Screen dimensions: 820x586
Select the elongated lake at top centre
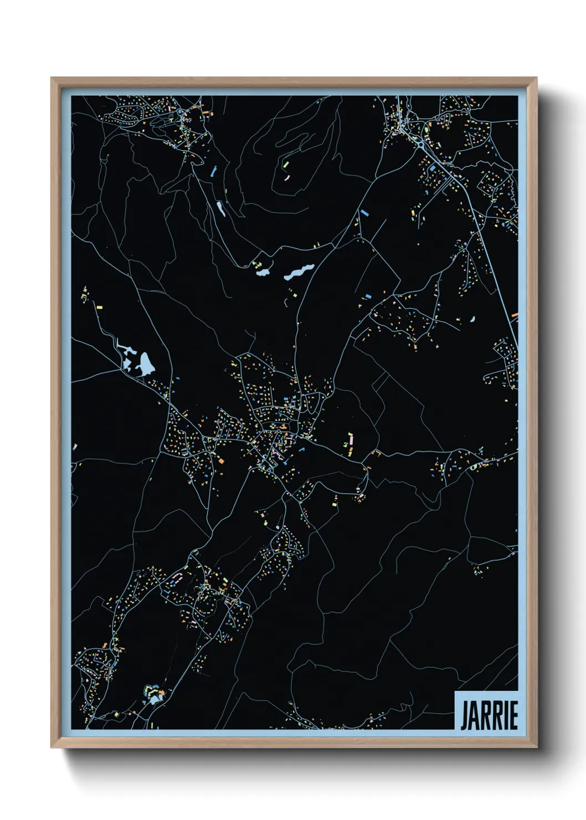299,271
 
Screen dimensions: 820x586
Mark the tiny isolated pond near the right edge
472,319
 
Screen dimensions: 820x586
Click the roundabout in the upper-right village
421,145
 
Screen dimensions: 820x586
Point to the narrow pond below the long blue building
220,208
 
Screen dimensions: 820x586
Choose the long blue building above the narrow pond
213,171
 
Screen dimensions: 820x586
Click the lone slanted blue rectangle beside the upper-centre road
364,212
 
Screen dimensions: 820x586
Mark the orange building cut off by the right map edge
515,315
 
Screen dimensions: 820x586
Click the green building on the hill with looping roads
286,165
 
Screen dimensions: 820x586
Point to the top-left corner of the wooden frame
52,78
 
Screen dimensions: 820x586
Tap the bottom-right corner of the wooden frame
536,747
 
